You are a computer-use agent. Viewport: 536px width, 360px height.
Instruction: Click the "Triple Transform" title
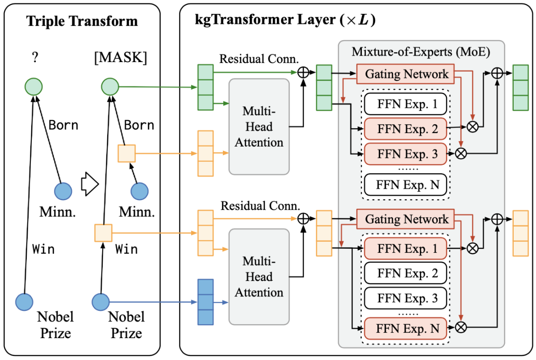(82, 21)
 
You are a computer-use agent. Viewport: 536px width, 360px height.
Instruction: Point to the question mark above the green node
(35, 57)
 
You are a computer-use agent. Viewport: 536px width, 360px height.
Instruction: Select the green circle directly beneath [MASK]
(110, 88)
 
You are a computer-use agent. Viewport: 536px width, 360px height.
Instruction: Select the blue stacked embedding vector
(205, 302)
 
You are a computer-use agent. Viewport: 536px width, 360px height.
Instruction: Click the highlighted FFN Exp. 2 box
(405, 130)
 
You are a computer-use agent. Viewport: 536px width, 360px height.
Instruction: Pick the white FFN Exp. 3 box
(405, 298)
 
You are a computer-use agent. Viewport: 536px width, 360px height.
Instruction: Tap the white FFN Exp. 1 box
(405, 105)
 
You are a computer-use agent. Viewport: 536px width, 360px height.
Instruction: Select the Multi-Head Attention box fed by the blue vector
(259, 276)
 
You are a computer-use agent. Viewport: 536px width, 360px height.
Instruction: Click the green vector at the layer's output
(521, 87)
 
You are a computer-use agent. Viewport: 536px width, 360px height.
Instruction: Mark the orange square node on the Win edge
(103, 232)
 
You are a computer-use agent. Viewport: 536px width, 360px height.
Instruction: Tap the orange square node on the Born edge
(126, 153)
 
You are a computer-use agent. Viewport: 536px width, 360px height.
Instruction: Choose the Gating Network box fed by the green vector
(405, 74)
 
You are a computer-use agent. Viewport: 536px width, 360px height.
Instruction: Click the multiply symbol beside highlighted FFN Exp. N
(462, 327)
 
